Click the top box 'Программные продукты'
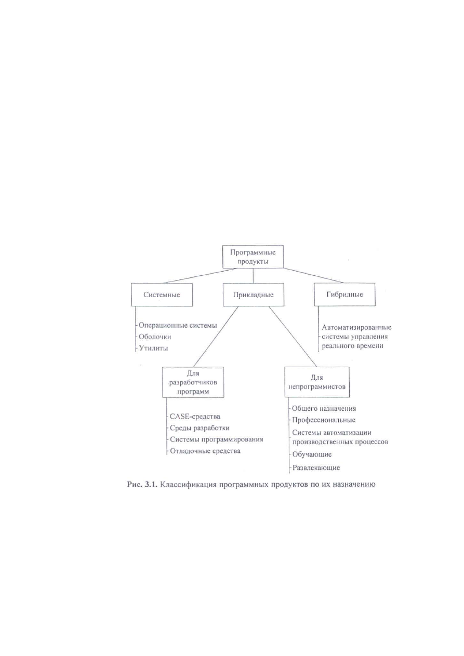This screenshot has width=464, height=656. point(253,257)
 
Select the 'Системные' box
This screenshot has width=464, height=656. point(162,294)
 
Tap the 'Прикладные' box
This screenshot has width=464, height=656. point(254,294)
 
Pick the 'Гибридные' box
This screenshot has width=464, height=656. point(344,294)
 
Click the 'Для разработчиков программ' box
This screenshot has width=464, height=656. point(193,382)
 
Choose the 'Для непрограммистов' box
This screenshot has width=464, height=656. point(317,382)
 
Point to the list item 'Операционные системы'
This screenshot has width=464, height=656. point(178,325)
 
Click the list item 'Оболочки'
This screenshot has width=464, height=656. point(155,337)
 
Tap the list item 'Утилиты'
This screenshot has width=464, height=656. point(153,348)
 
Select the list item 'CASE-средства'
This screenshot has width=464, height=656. point(195,416)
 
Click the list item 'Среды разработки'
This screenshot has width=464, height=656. point(200,428)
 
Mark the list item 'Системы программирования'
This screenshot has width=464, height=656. point(217,439)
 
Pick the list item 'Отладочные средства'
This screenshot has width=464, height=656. point(205,451)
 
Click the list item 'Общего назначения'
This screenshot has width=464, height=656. point(324,409)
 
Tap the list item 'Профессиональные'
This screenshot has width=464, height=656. point(324,420)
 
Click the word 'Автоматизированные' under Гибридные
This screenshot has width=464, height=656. point(356,327)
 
